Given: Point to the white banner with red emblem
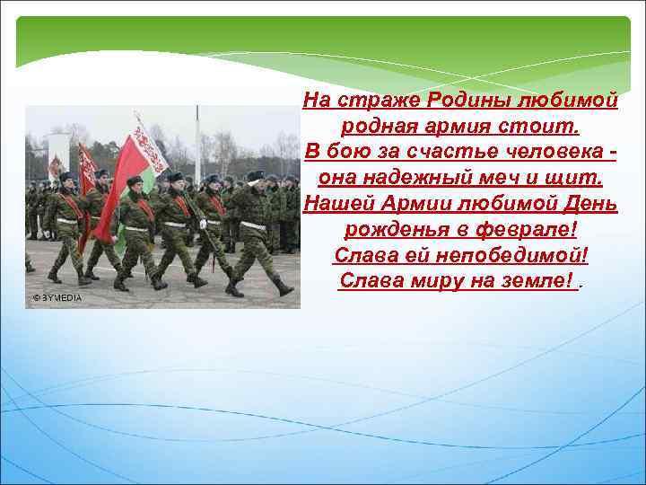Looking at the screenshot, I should tap(151, 144).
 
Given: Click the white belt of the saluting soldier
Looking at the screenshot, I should tap(255, 225).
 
